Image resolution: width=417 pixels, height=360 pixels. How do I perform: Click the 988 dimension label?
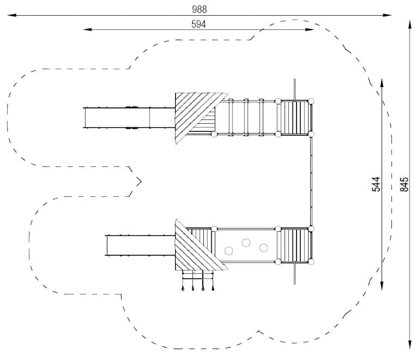(200, 9)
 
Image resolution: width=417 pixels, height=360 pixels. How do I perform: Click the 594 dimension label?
(199, 24)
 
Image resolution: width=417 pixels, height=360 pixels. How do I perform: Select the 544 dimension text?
(376, 184)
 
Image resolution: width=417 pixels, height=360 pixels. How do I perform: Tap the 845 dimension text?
(404, 184)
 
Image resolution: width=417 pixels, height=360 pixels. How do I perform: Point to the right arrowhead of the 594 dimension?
(310, 29)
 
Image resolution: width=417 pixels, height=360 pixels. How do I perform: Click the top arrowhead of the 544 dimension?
(382, 83)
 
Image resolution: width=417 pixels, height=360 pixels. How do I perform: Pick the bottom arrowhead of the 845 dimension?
(410, 344)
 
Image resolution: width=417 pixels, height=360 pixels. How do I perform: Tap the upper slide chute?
(129, 118)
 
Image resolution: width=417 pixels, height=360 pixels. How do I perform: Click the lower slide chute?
(140, 245)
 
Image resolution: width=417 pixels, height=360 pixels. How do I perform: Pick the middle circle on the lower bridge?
(246, 243)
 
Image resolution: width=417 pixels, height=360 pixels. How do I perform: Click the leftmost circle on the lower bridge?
(229, 251)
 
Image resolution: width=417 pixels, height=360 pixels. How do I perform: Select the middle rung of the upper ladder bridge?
(246, 117)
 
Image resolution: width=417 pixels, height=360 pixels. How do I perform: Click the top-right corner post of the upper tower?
(311, 101)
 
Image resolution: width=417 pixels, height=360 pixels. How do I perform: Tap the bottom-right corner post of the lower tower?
(311, 262)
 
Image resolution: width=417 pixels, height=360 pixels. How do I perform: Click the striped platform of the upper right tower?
(295, 117)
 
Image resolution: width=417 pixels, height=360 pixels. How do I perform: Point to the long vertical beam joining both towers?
(311, 182)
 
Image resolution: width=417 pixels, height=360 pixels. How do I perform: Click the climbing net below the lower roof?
(198, 280)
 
